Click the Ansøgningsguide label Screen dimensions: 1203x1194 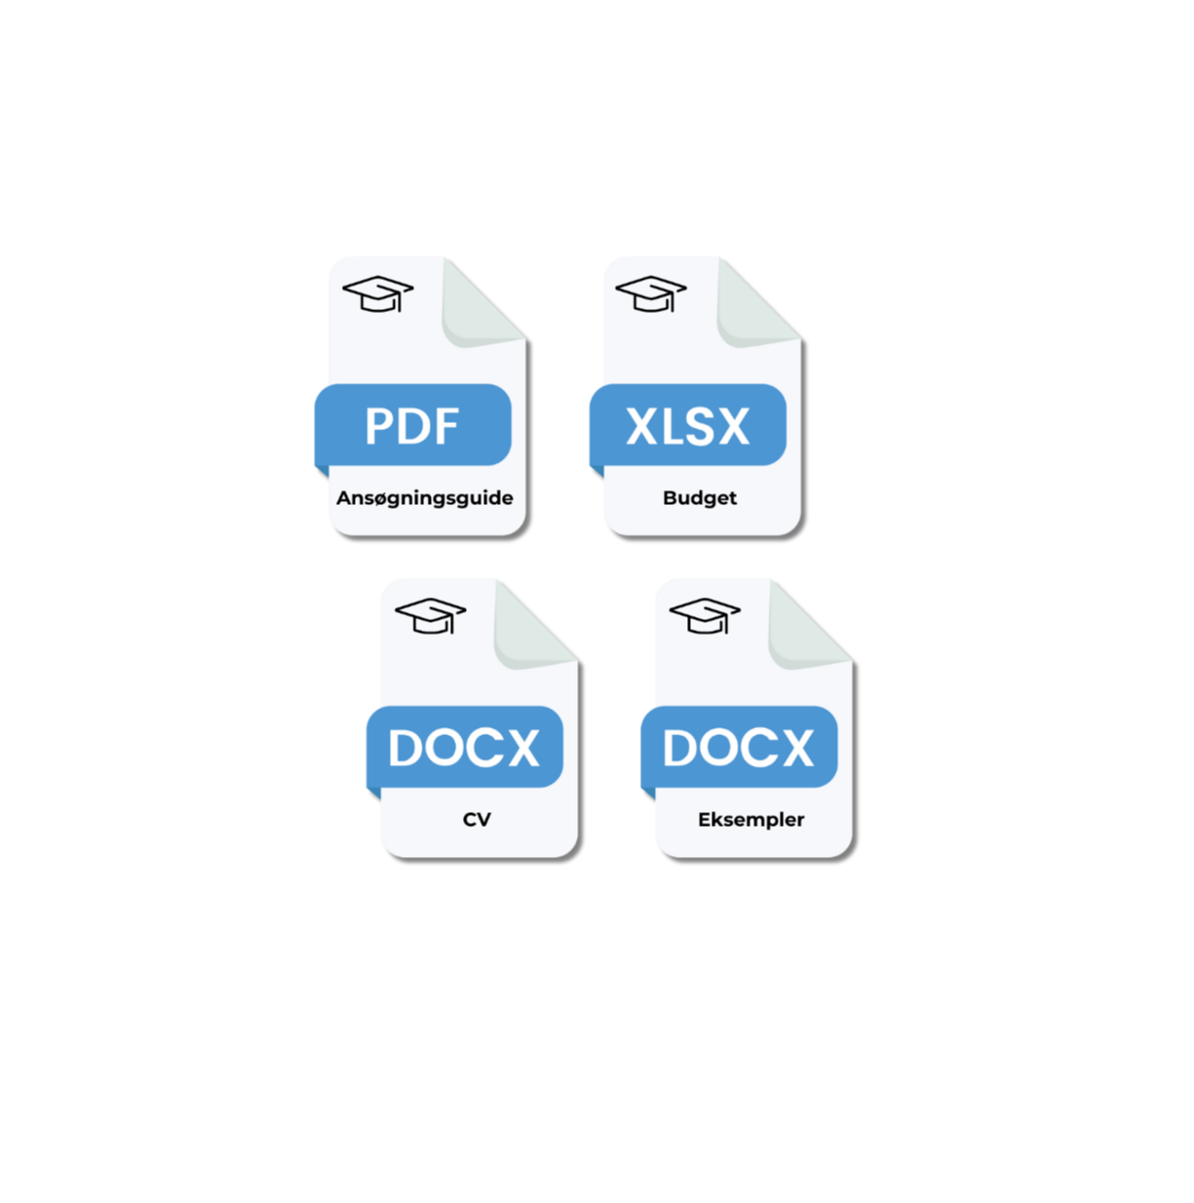425,498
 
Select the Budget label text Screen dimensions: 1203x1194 700,498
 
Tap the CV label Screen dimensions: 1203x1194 477,820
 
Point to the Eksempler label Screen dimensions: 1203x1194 751,820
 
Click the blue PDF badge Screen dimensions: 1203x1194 412,425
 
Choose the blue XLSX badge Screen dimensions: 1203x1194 687,425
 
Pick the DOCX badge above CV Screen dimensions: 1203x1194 464,747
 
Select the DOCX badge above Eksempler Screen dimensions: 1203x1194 739,747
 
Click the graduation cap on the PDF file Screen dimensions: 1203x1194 378,293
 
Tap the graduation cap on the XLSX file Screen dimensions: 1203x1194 651,293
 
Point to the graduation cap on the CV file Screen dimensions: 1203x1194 430,615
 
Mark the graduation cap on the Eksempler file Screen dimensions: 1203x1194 705,615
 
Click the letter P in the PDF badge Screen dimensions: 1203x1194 379,426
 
